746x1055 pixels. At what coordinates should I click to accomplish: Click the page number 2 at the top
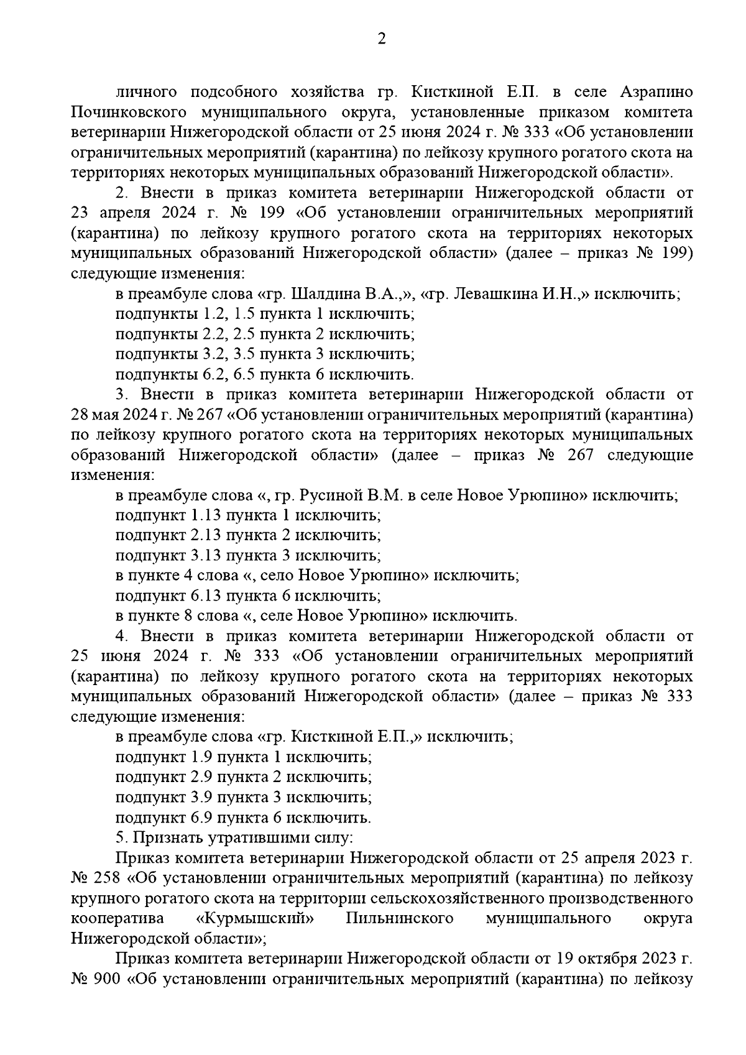pos(382,39)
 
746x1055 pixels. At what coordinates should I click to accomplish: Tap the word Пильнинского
pos(399,918)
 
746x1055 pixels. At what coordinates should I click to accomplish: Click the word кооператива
pos(117,918)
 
